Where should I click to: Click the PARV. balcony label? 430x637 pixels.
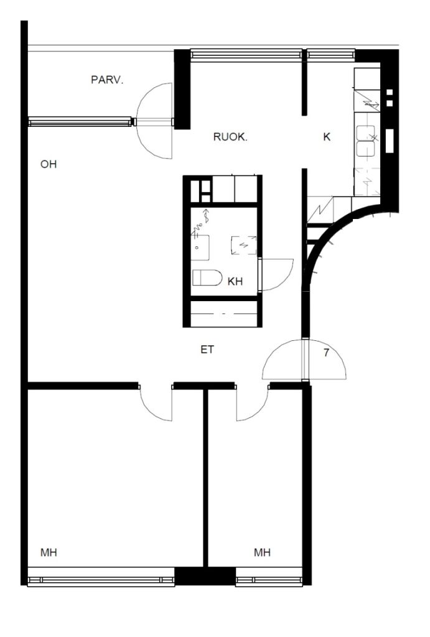[107, 80]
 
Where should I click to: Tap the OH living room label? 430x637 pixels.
[49, 164]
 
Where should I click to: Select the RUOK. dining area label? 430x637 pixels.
[230, 137]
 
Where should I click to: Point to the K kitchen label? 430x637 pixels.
[327, 137]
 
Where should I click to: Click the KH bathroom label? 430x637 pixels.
[235, 281]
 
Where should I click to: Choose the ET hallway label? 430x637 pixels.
[207, 350]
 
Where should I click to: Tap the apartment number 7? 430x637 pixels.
[326, 353]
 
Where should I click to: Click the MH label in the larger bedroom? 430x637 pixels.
[49, 552]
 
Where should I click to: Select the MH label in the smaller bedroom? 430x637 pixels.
[262, 552]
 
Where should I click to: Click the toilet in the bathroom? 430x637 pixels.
[207, 277]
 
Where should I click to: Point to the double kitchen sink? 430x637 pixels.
[365, 141]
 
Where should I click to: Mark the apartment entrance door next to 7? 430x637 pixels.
[304, 359]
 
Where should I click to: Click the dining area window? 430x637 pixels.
[246, 54]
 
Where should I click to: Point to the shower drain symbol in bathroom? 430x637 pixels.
[244, 245]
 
